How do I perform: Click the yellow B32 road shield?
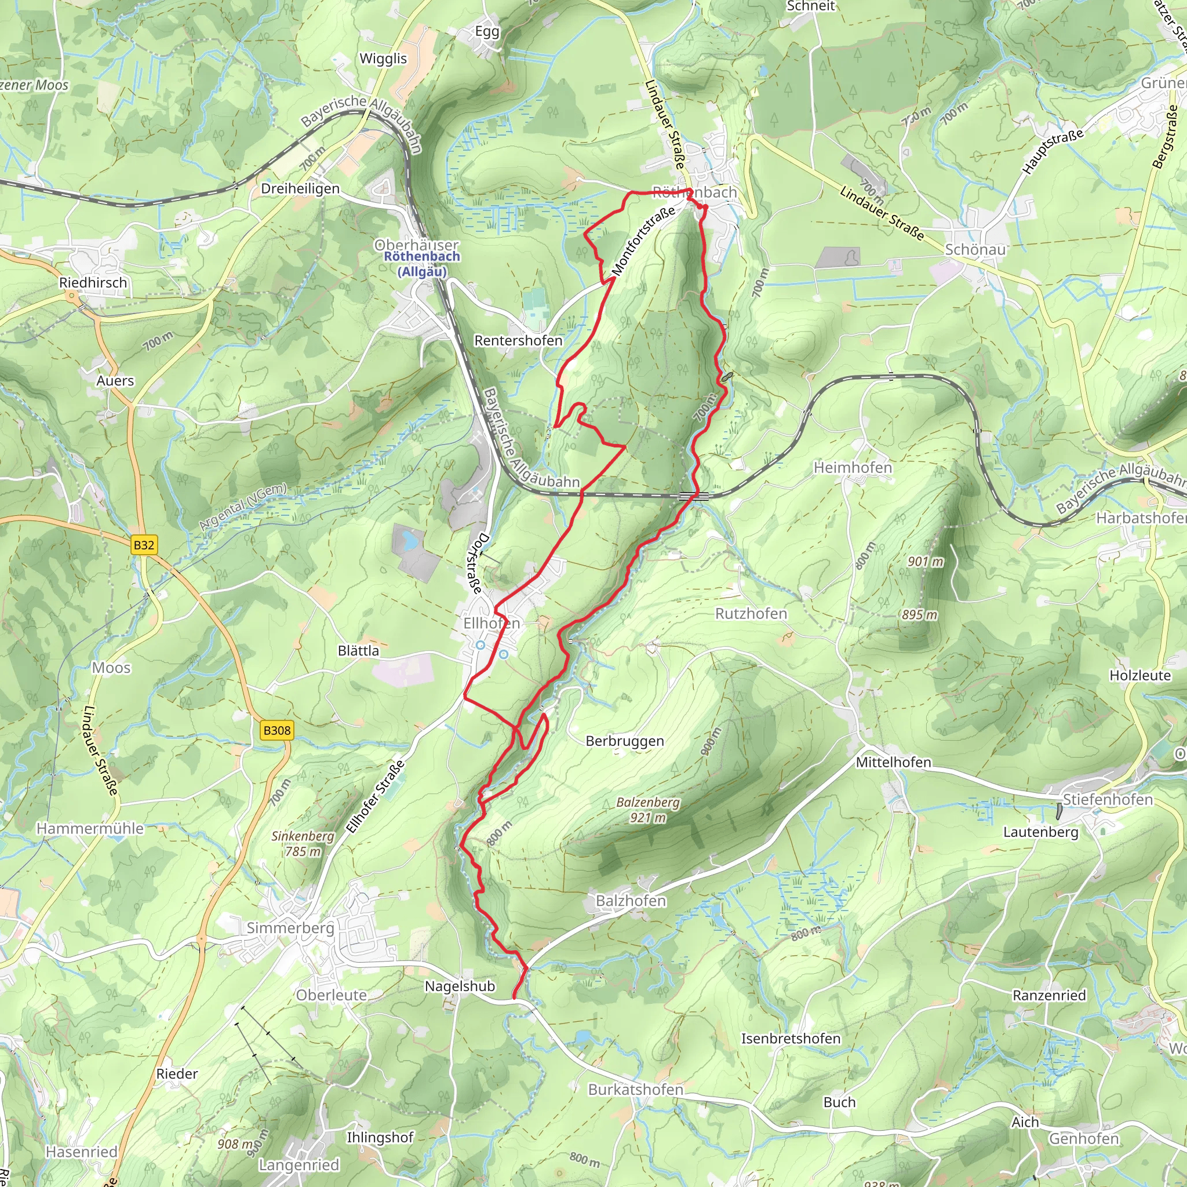144,545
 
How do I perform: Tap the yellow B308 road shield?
276,730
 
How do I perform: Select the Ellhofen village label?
491,623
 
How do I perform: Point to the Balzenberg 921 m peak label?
648,810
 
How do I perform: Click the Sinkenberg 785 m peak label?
303,843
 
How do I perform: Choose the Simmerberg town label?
290,928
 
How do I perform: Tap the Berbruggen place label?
625,741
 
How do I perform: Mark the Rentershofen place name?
518,340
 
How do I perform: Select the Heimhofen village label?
853,468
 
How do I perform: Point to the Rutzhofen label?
751,614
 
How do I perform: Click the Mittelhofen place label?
893,763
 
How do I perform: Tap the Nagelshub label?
460,986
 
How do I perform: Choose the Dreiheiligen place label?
300,188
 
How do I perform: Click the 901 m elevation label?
925,562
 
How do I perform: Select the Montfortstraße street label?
643,242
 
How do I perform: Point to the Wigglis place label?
383,59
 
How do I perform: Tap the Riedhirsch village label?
93,283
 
